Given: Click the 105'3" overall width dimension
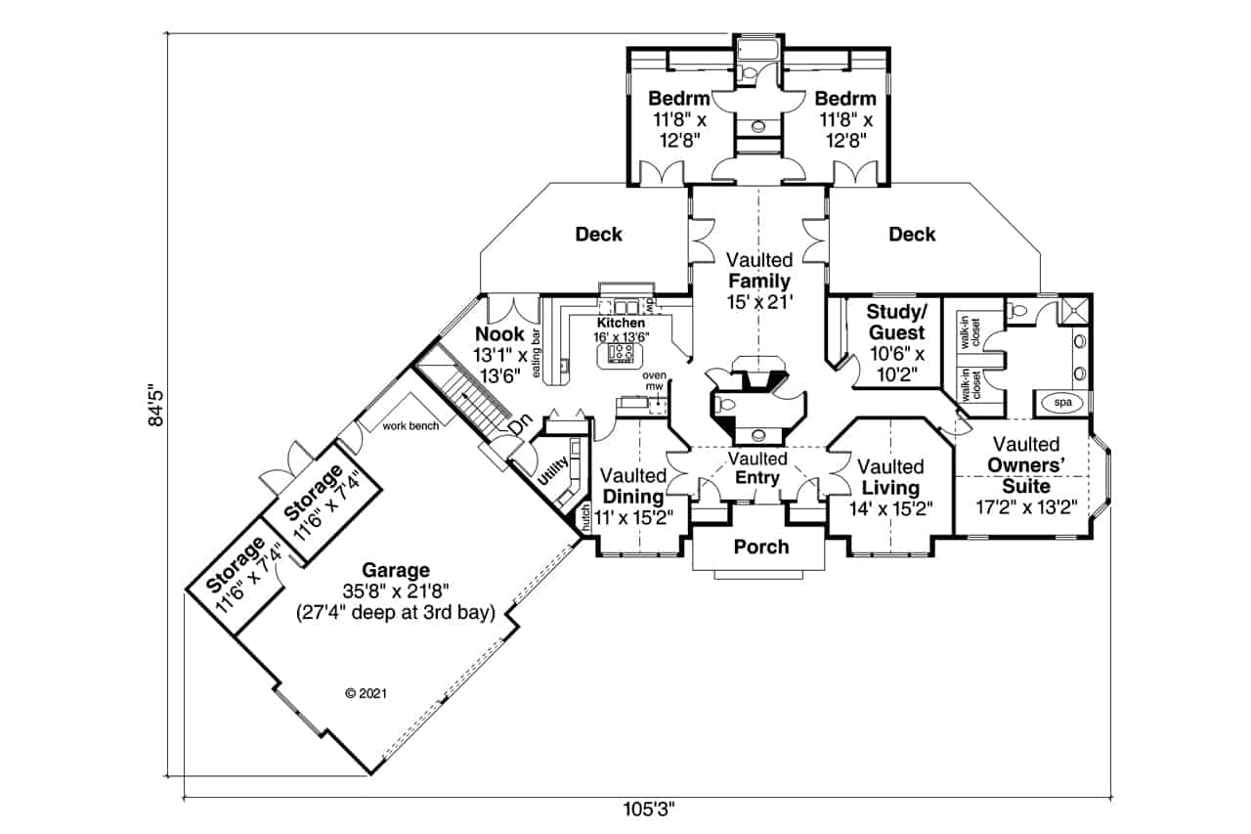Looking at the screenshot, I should [648, 810].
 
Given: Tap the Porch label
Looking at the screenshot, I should [760, 547].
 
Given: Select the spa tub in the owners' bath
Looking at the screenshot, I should [1059, 402].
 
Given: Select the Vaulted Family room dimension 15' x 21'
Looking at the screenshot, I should [757, 303].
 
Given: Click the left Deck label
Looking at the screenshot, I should [598, 234].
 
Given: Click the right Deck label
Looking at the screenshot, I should [912, 234].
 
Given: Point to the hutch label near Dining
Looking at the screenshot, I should [585, 518].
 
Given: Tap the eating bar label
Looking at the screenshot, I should [537, 359].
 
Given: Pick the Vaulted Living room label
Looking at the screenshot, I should [891, 478].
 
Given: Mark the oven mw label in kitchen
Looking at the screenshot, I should [653, 380].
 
